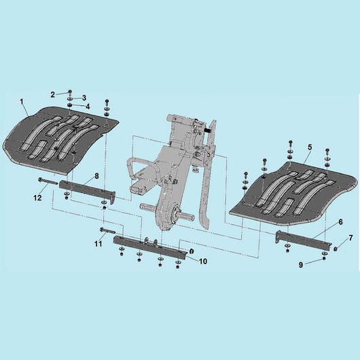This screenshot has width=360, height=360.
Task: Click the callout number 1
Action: point(22,101)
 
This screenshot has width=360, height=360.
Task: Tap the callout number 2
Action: point(53,94)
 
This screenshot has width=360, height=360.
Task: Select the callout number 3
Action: point(84,98)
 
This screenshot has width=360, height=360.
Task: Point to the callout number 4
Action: point(88,106)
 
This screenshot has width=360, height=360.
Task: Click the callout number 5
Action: point(310,147)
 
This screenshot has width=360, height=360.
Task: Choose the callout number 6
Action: point(340,222)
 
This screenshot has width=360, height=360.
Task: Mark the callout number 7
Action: point(350,238)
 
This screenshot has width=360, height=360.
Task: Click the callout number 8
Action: point(96,176)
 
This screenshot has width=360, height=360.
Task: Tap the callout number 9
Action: point(301,265)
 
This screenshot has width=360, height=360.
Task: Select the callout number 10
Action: point(203,261)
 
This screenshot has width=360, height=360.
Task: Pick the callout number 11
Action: point(98,244)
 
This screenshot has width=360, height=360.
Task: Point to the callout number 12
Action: point(37,198)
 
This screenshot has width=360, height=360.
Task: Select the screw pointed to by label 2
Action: point(70,92)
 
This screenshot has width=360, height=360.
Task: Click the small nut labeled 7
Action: point(335,248)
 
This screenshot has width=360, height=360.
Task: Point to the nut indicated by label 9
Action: point(324,258)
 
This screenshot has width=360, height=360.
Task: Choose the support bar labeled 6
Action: point(303,238)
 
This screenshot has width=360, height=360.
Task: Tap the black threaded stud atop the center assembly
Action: point(208,130)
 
